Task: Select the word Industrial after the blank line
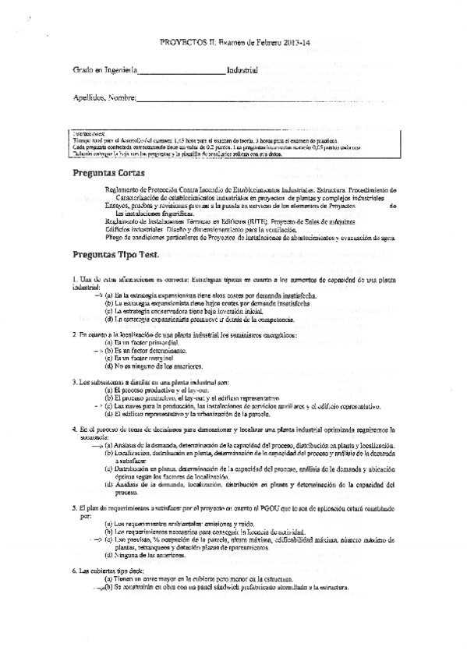point(242,70)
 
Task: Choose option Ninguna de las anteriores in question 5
point(156,555)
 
